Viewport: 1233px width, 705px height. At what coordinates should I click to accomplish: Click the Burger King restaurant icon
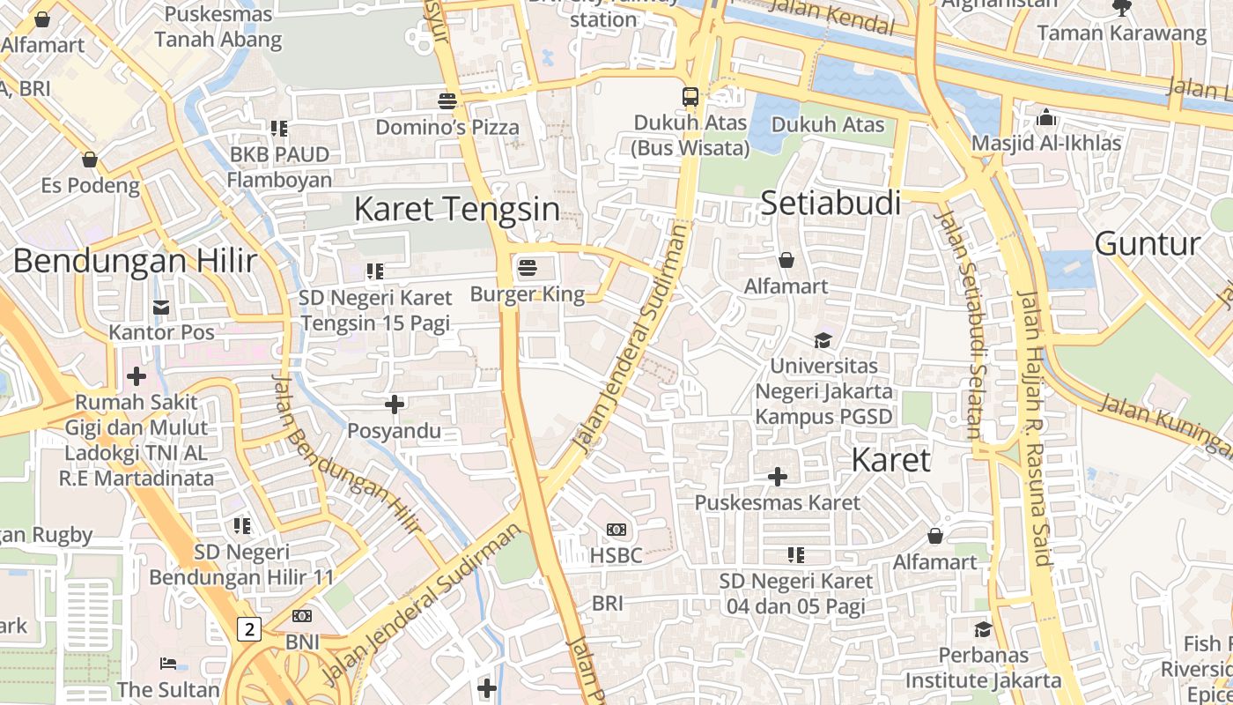coord(528,267)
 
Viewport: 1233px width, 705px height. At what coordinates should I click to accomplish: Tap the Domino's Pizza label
coord(447,127)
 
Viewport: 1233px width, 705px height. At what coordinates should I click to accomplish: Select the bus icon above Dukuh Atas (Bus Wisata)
coord(690,97)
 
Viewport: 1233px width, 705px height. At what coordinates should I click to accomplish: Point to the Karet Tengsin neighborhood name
coord(456,209)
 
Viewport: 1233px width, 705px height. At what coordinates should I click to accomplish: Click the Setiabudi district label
coord(831,204)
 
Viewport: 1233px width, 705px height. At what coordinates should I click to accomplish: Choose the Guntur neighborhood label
coord(1147,243)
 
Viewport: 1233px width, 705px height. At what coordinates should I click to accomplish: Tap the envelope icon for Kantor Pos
coord(161,307)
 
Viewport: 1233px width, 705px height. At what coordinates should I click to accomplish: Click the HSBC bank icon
coord(616,530)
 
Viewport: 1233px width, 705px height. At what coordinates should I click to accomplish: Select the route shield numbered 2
coord(250,629)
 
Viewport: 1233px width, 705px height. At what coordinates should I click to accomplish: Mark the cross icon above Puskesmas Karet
coord(778,477)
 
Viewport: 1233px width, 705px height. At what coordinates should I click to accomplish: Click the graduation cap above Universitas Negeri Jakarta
coord(823,340)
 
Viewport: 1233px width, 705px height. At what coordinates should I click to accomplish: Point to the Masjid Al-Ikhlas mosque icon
coord(1046,116)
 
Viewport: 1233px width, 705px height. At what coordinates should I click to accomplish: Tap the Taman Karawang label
coord(1121,33)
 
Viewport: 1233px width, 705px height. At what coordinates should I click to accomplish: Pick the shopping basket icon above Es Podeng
coord(90,160)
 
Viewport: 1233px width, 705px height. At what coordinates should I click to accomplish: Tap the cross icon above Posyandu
coord(395,404)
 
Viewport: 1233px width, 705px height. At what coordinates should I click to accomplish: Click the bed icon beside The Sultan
coord(168,663)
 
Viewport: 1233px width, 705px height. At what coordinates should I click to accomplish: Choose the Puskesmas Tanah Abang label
coord(218,27)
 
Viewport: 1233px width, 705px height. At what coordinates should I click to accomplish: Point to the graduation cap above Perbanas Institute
coord(983,629)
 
